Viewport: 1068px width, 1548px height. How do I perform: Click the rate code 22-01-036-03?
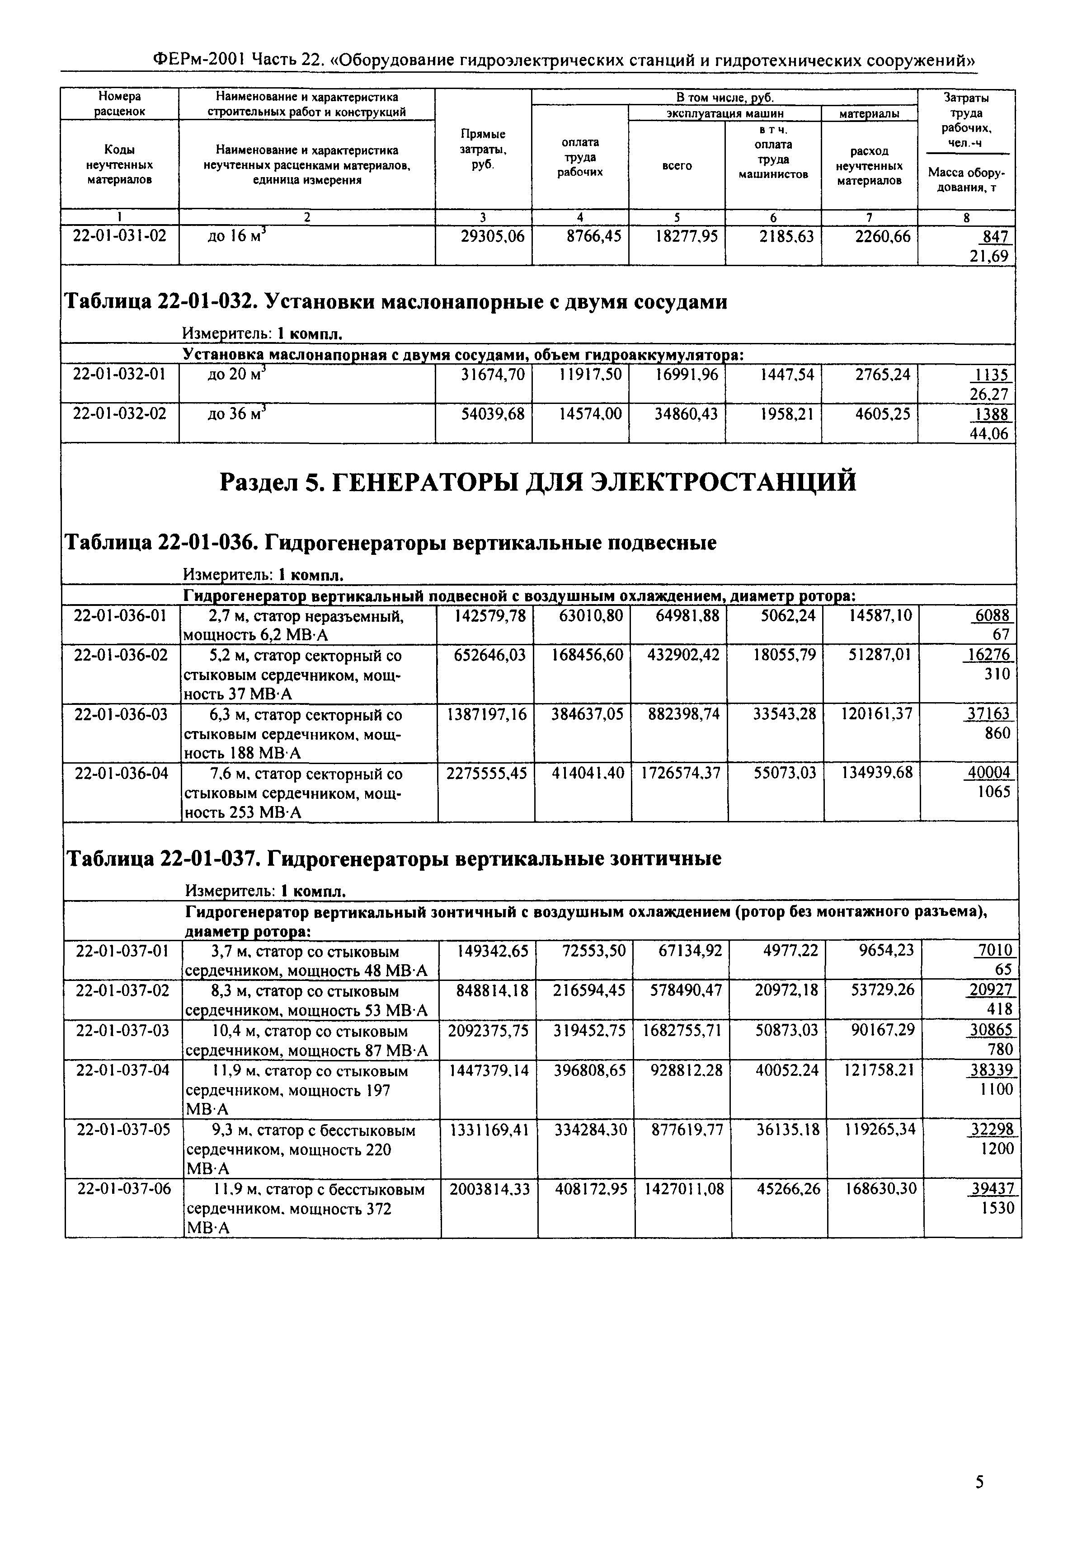(121, 714)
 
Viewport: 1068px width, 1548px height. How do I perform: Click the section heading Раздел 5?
(538, 482)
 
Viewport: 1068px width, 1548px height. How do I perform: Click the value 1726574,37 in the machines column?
(681, 774)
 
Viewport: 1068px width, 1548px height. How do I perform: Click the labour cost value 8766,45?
(589, 236)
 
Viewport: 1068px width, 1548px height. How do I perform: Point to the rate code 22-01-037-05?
(124, 1130)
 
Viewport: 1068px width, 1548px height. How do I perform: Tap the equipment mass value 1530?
(998, 1208)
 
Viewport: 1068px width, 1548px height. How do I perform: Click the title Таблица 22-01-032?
(395, 302)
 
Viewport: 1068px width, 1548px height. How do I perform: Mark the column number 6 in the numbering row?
(773, 217)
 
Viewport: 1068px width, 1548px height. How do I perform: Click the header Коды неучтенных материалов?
(119, 164)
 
